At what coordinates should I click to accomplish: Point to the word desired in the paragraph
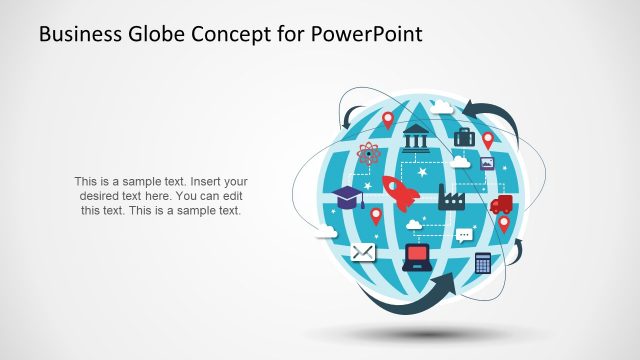pos(99,196)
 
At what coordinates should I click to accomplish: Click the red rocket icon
pos(400,193)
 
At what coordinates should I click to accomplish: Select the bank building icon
pos(415,137)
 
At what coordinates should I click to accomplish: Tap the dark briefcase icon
pos(464,137)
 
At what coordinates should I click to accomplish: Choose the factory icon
pos(453,195)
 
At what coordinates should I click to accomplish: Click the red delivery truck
pos(501,204)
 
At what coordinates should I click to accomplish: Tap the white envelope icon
pos(362,251)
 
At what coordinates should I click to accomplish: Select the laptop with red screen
pos(415,258)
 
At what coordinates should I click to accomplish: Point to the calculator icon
pos(483,262)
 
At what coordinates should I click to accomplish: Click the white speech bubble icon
pos(464,236)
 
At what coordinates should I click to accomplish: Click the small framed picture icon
pos(487,163)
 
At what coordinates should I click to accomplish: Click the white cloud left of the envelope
pos(326,233)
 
